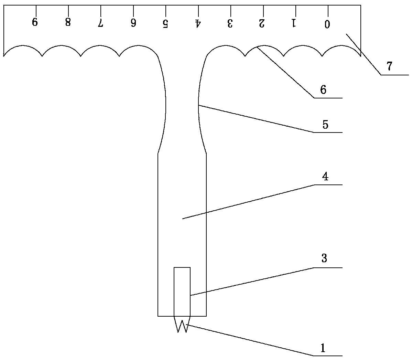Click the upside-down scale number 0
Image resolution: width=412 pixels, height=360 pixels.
pyautogui.click(x=327, y=24)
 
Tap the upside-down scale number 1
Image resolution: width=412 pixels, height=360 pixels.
pyautogui.click(x=294, y=23)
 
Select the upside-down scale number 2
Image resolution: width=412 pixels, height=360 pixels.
pyautogui.click(x=262, y=23)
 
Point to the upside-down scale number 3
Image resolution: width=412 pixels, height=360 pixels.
pyautogui.click(x=230, y=23)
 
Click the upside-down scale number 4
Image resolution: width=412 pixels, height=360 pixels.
pyautogui.click(x=198, y=23)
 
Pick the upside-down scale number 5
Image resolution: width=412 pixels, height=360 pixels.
pyautogui.click(x=165, y=23)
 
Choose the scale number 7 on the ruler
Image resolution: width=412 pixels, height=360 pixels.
pyautogui.click(x=100, y=23)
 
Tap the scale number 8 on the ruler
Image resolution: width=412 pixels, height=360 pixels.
pyautogui.click(x=68, y=22)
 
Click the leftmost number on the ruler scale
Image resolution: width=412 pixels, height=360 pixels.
pyautogui.click(x=35, y=22)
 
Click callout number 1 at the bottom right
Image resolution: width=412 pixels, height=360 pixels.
pyautogui.click(x=323, y=348)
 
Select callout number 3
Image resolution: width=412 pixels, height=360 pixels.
pyautogui.click(x=324, y=258)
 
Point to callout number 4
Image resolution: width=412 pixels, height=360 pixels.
pyautogui.click(x=325, y=177)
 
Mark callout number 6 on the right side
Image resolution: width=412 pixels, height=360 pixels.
pyautogui.click(x=323, y=90)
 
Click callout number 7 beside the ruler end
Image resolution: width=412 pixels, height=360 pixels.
pyautogui.click(x=389, y=66)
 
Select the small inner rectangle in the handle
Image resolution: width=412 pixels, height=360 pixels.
pyautogui.click(x=182, y=291)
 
